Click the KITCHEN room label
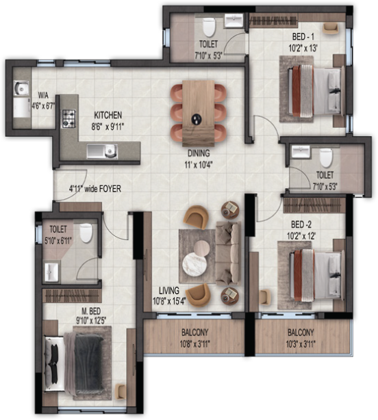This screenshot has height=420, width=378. click(108, 116)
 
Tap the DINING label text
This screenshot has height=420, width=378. click(199, 153)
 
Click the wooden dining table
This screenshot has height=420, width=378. click(199, 109)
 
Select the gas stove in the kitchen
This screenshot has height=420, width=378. click(68, 120)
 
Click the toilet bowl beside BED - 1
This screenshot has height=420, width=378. click(210, 29)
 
